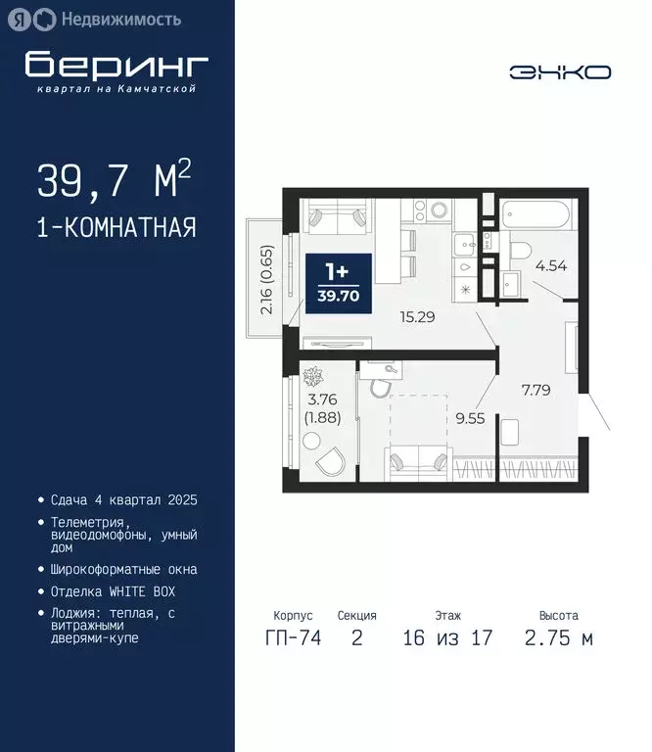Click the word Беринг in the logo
[116, 64]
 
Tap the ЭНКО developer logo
[560, 71]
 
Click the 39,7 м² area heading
[114, 180]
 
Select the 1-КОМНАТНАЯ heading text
[116, 228]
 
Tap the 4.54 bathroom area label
[550, 264]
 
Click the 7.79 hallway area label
[536, 390]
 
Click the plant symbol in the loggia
[316, 376]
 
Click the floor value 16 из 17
[447, 639]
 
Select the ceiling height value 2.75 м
[558, 639]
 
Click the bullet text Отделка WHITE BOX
[113, 591]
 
